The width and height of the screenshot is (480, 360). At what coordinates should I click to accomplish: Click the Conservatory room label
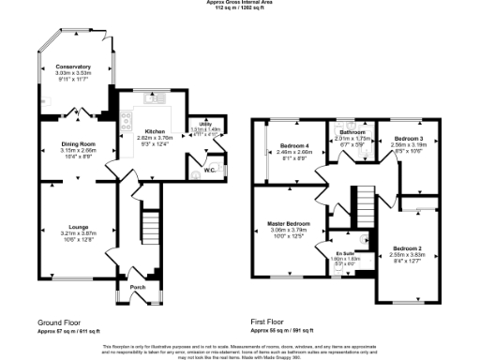point(72,67)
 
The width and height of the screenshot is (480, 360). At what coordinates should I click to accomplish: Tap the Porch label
point(137,286)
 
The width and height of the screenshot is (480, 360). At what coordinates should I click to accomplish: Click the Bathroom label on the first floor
point(352,133)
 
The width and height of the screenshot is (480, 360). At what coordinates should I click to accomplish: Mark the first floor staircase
point(361,202)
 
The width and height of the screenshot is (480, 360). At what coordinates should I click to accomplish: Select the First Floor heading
point(268,322)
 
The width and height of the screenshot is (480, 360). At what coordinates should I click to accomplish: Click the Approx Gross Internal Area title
point(240,3)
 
